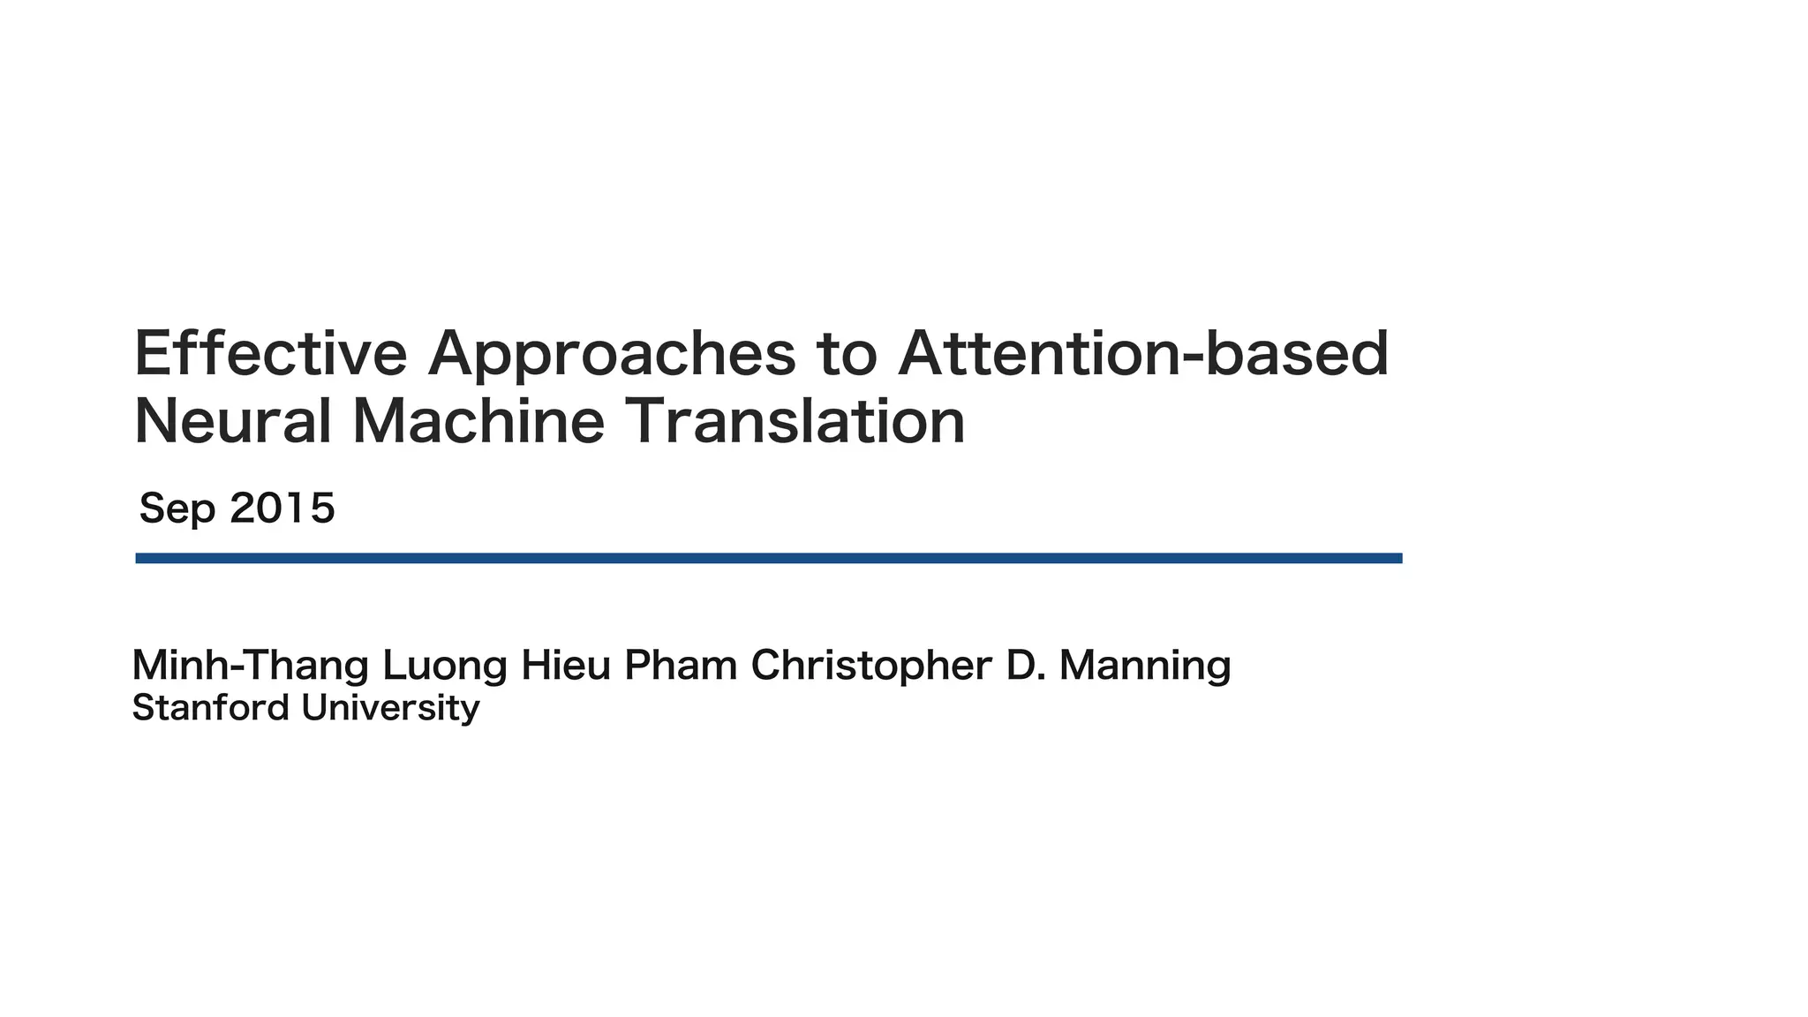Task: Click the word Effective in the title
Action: click(270, 354)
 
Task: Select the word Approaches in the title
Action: click(611, 356)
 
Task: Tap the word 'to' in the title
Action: click(847, 354)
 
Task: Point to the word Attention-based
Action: click(1143, 354)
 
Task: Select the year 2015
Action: click(282, 508)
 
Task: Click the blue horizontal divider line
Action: click(768, 558)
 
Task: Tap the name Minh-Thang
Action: click(250, 666)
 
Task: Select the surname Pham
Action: click(681, 666)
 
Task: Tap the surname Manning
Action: click(1145, 667)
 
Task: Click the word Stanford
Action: click(211, 708)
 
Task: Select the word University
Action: click(390, 709)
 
